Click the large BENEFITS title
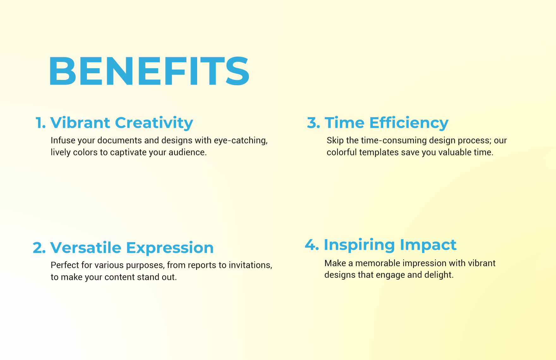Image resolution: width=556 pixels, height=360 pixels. click(x=149, y=71)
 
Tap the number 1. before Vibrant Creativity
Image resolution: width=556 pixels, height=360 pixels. click(x=41, y=123)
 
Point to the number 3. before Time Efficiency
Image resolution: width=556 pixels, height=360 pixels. click(x=313, y=123)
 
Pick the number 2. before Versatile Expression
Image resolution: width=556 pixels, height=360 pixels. click(x=39, y=248)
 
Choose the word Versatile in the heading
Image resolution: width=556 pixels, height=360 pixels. click(x=86, y=248)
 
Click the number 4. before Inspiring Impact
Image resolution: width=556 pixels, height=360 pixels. click(x=312, y=245)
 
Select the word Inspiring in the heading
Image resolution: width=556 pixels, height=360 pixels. click(x=359, y=245)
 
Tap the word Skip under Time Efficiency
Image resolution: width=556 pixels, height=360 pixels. click(x=335, y=141)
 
